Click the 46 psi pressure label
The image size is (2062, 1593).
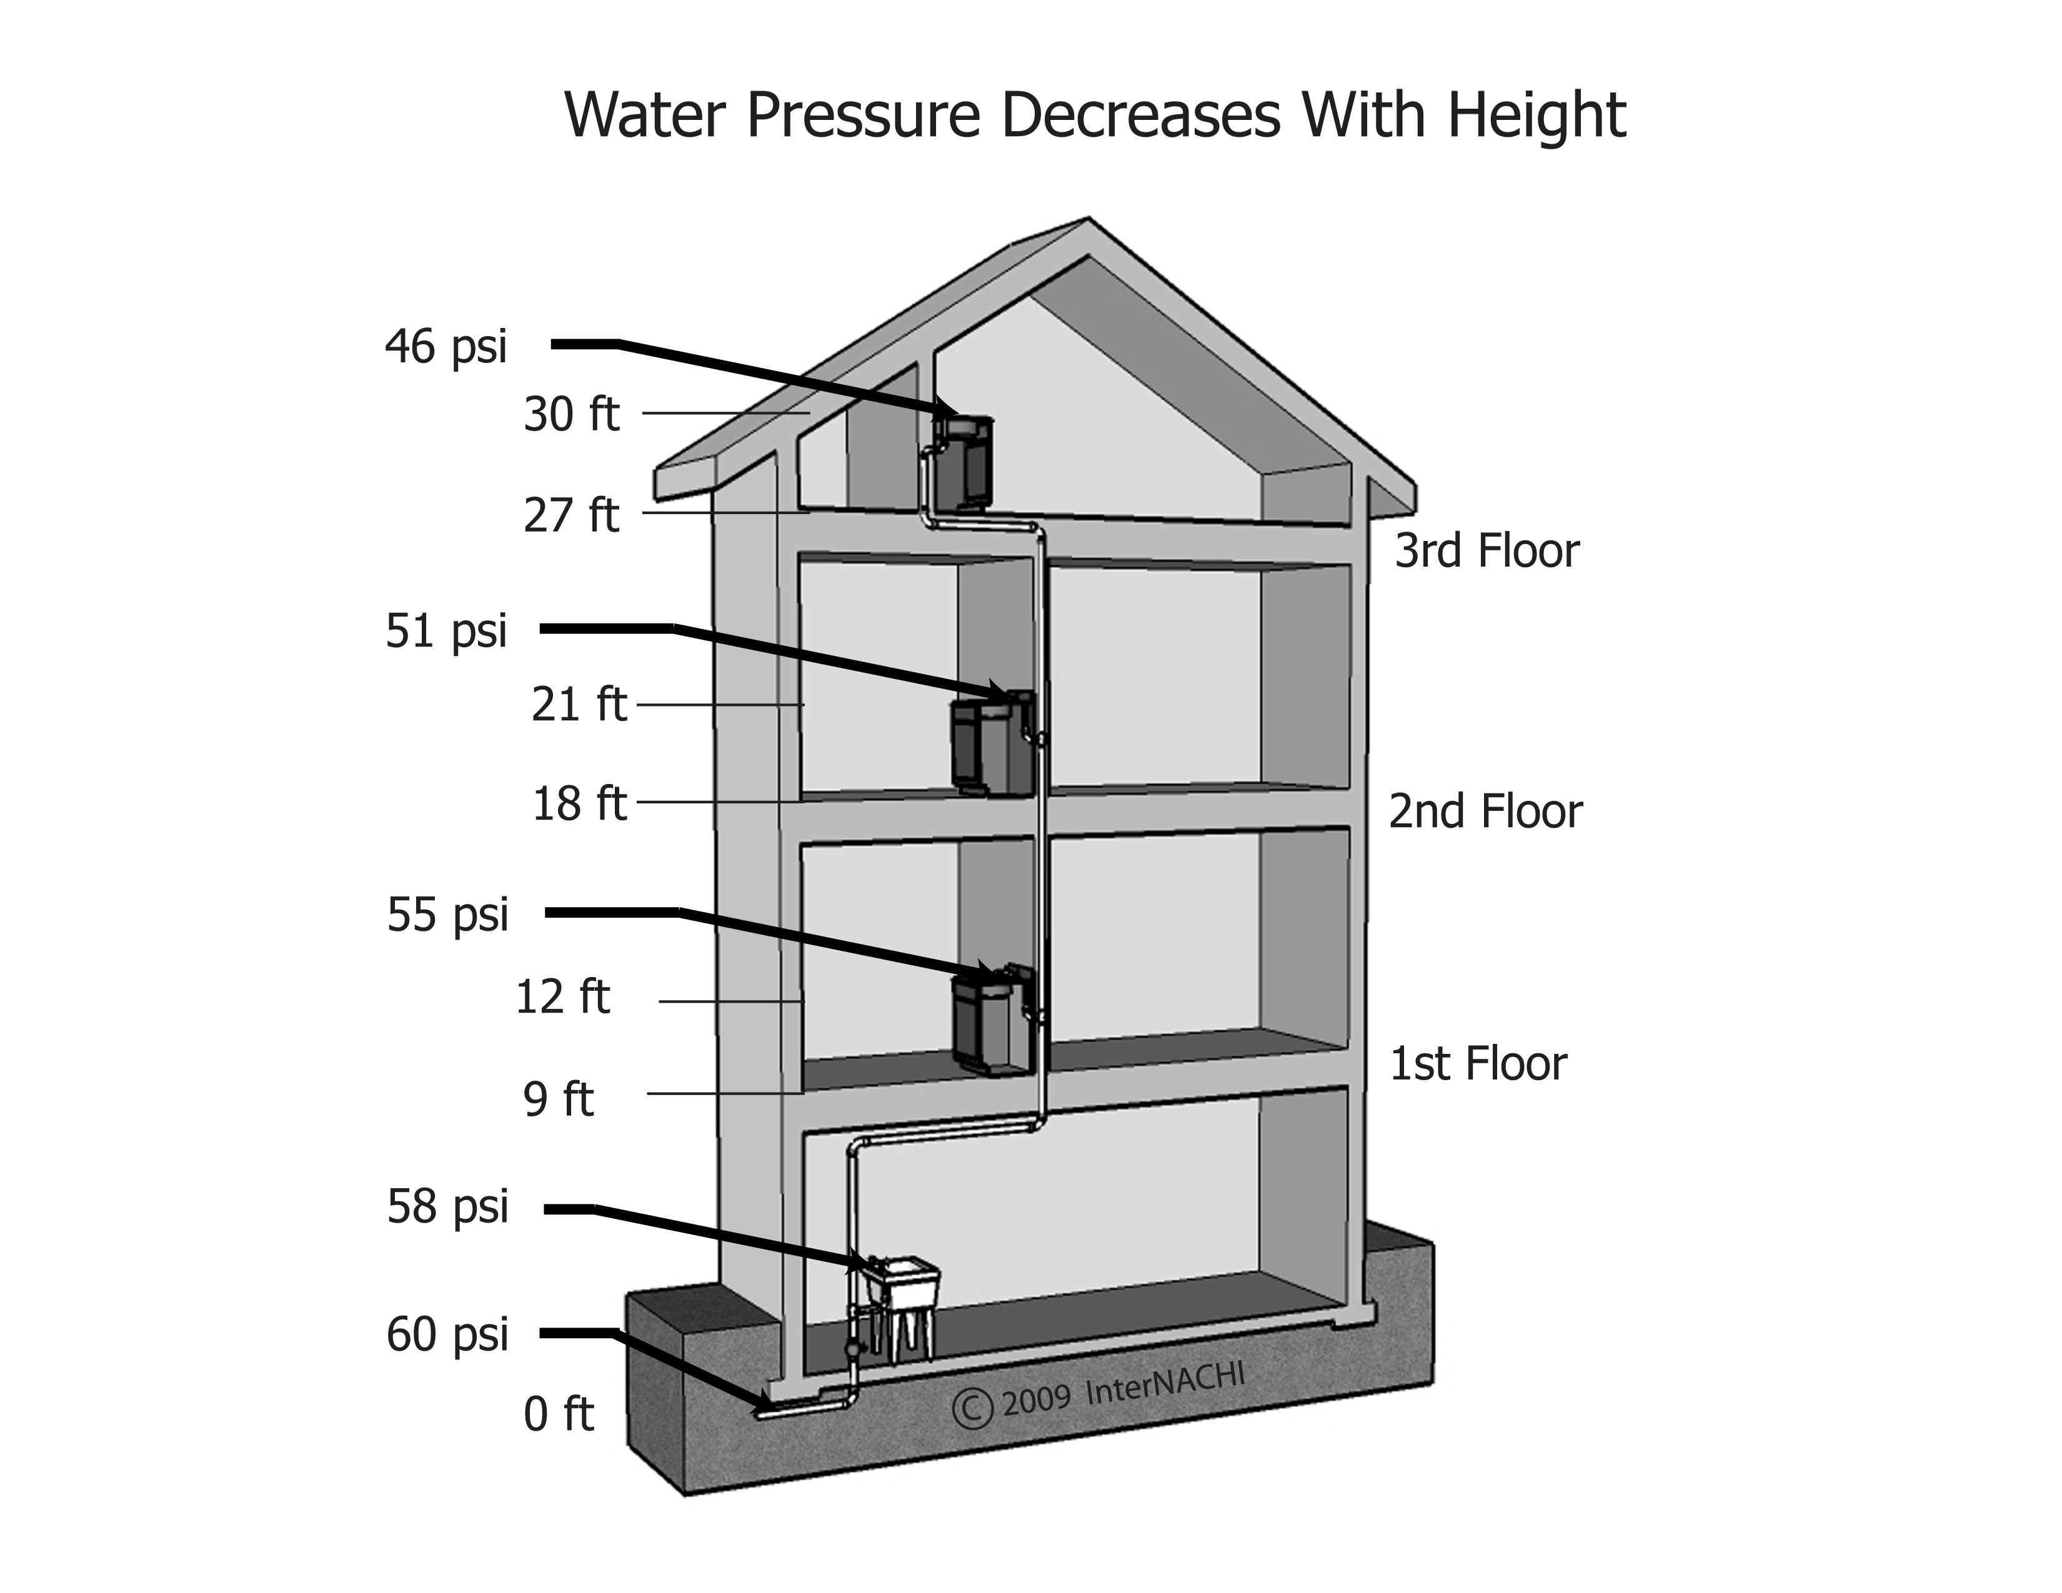[x=446, y=346]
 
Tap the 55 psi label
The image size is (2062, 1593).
[x=447, y=915]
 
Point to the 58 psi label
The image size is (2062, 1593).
[x=447, y=1207]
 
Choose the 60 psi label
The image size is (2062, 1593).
[x=447, y=1334]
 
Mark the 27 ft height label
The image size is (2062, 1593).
[x=571, y=515]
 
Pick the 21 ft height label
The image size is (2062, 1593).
[x=578, y=705]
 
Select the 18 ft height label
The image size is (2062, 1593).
[x=579, y=804]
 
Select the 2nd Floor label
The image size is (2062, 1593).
[x=1485, y=811]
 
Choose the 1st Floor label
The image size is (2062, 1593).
[x=1478, y=1064]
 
